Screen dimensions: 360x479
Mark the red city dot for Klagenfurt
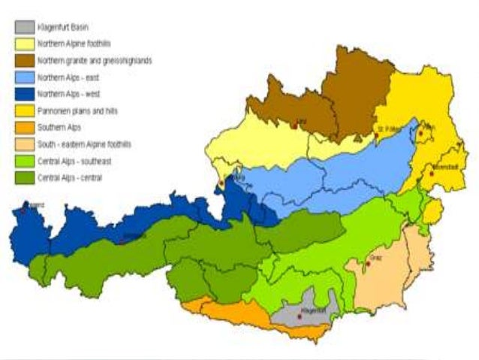(300, 316)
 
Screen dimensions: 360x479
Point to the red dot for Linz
(295, 126)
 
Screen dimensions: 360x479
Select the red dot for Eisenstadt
(431, 174)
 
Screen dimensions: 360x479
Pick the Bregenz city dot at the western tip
(24, 210)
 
